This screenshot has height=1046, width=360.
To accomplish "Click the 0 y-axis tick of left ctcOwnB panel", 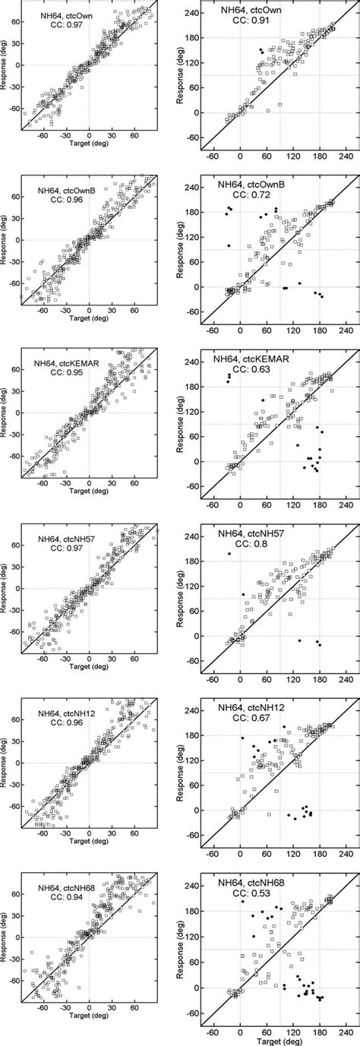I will coord(17,240).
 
